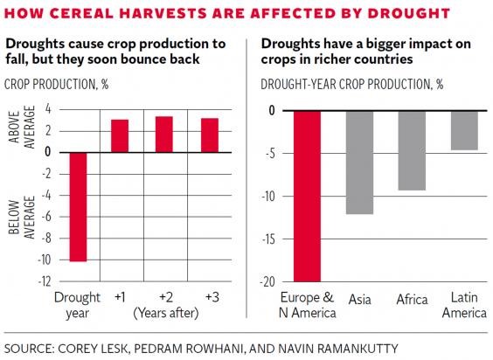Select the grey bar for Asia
point(358,162)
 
